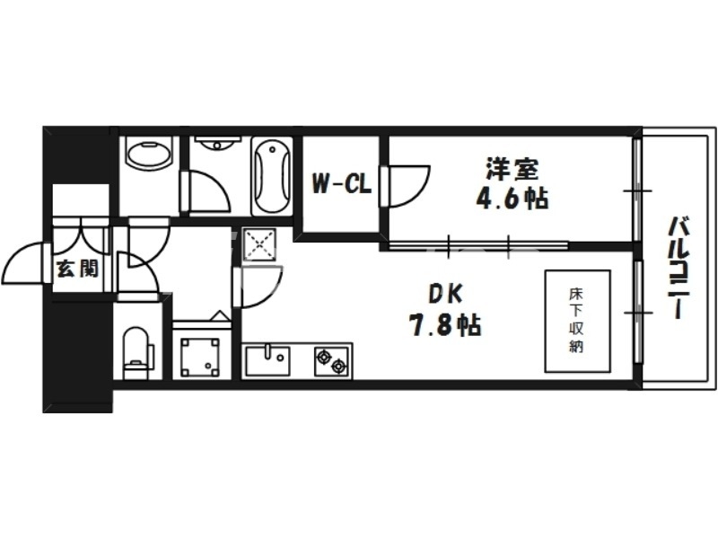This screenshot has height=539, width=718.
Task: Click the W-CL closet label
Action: [342, 185]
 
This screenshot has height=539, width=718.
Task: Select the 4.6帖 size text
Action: [512, 199]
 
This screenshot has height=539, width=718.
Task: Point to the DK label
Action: [445, 293]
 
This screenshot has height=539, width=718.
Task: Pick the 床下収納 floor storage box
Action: [576, 320]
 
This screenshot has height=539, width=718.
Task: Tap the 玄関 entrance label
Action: [77, 268]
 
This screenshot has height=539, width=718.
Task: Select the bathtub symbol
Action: [271, 175]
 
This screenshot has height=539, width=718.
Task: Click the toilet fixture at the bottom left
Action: [137, 349]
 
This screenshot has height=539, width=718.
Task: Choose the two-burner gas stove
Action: [331, 361]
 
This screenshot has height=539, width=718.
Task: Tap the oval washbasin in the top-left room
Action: [149, 154]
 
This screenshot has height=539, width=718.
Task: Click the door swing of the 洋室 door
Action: [408, 184]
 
